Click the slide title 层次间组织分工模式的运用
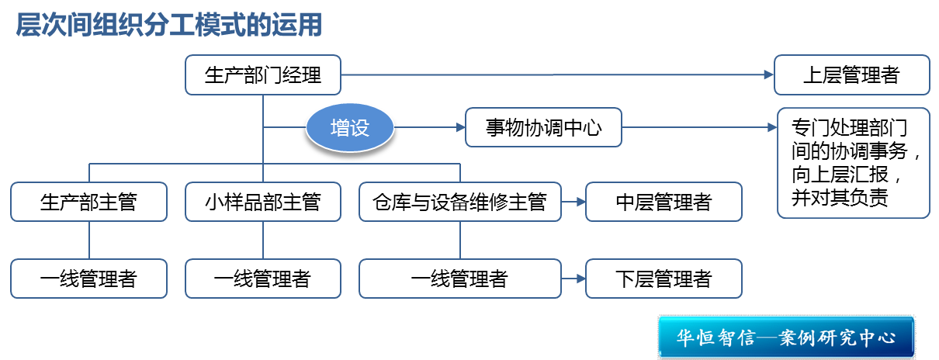[x=168, y=25]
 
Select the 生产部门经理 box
[x=263, y=75]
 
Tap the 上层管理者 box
[x=851, y=75]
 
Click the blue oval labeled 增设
[x=349, y=128]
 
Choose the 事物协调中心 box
[x=543, y=127]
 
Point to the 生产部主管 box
[x=88, y=202]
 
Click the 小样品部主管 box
[x=262, y=202]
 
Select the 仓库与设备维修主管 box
[x=459, y=202]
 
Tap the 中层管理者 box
[x=664, y=202]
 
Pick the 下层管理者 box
[x=664, y=278]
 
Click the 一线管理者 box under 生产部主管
[x=88, y=278]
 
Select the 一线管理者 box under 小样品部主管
[x=262, y=278]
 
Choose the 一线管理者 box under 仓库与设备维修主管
[x=459, y=278]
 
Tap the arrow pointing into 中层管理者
[x=573, y=202]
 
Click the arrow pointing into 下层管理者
[x=573, y=278]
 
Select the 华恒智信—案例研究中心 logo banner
[x=786, y=337]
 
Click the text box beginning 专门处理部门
[x=853, y=162]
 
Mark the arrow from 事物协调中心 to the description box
[x=698, y=127]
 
